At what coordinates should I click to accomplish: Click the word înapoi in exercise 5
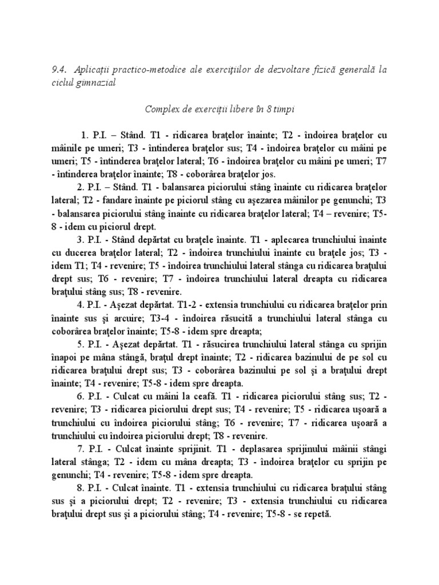66,358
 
